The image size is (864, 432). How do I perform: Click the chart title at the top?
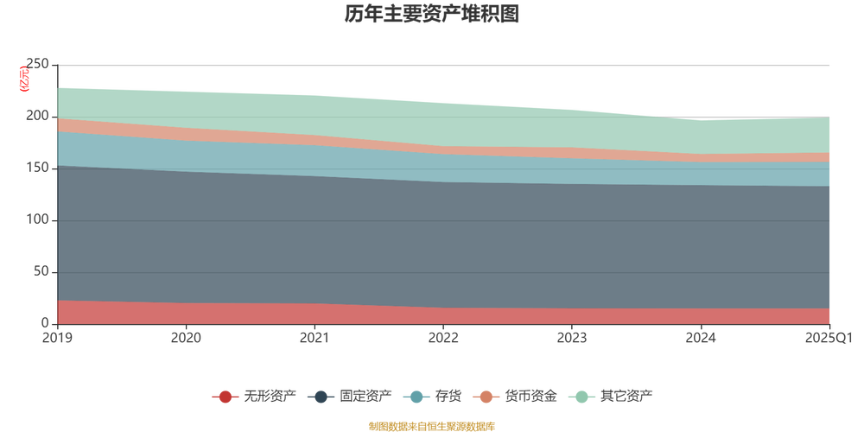[432, 15]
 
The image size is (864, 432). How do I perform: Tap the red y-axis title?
[23, 78]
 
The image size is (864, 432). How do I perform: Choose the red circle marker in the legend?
[226, 397]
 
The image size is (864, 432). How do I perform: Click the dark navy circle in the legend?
[321, 397]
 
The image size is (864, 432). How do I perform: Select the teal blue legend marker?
[416, 397]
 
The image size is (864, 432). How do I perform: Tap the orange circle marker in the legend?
[486, 397]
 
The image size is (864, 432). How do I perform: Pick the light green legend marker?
[582, 397]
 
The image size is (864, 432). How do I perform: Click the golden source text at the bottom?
[432, 424]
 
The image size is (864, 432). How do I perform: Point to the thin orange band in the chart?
[432, 149]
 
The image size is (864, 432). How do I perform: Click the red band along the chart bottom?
[432, 315]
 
